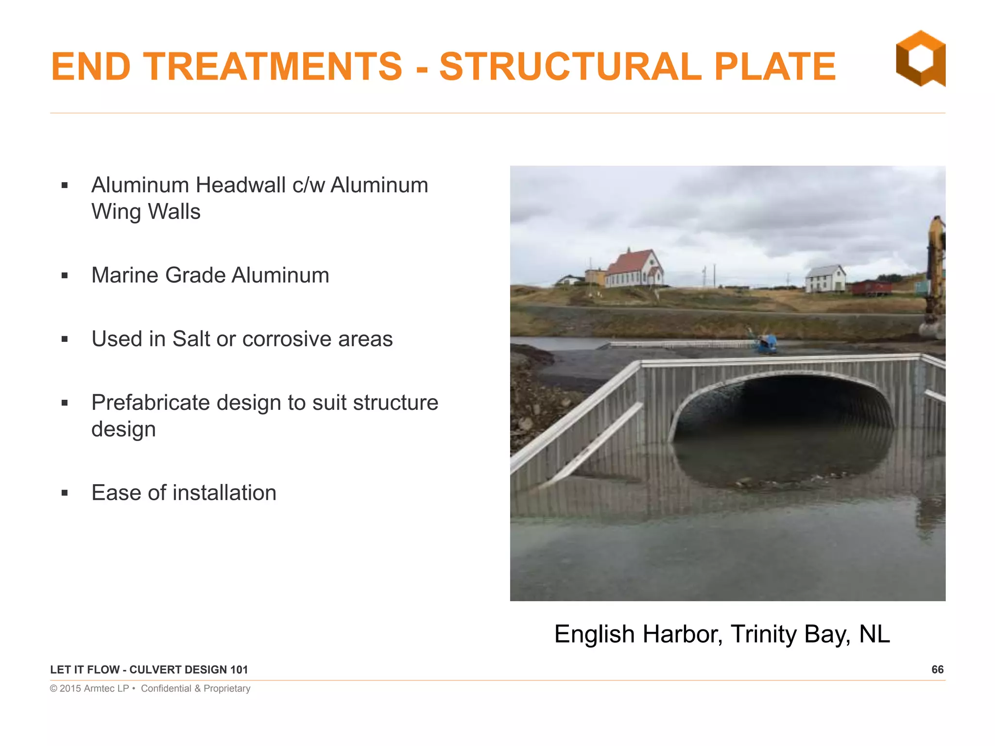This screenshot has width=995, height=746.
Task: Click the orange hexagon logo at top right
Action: tap(920, 58)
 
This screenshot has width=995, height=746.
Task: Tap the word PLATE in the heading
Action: tap(774, 67)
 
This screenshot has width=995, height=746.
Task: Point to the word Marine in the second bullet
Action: tap(124, 275)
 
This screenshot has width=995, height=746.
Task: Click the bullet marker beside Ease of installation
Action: tap(65, 493)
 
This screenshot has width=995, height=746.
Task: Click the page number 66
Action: tap(937, 670)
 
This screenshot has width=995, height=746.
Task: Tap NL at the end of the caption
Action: tap(874, 634)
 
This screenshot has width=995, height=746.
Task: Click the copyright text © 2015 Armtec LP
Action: tap(89, 689)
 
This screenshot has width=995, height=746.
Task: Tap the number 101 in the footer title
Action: tap(239, 670)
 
